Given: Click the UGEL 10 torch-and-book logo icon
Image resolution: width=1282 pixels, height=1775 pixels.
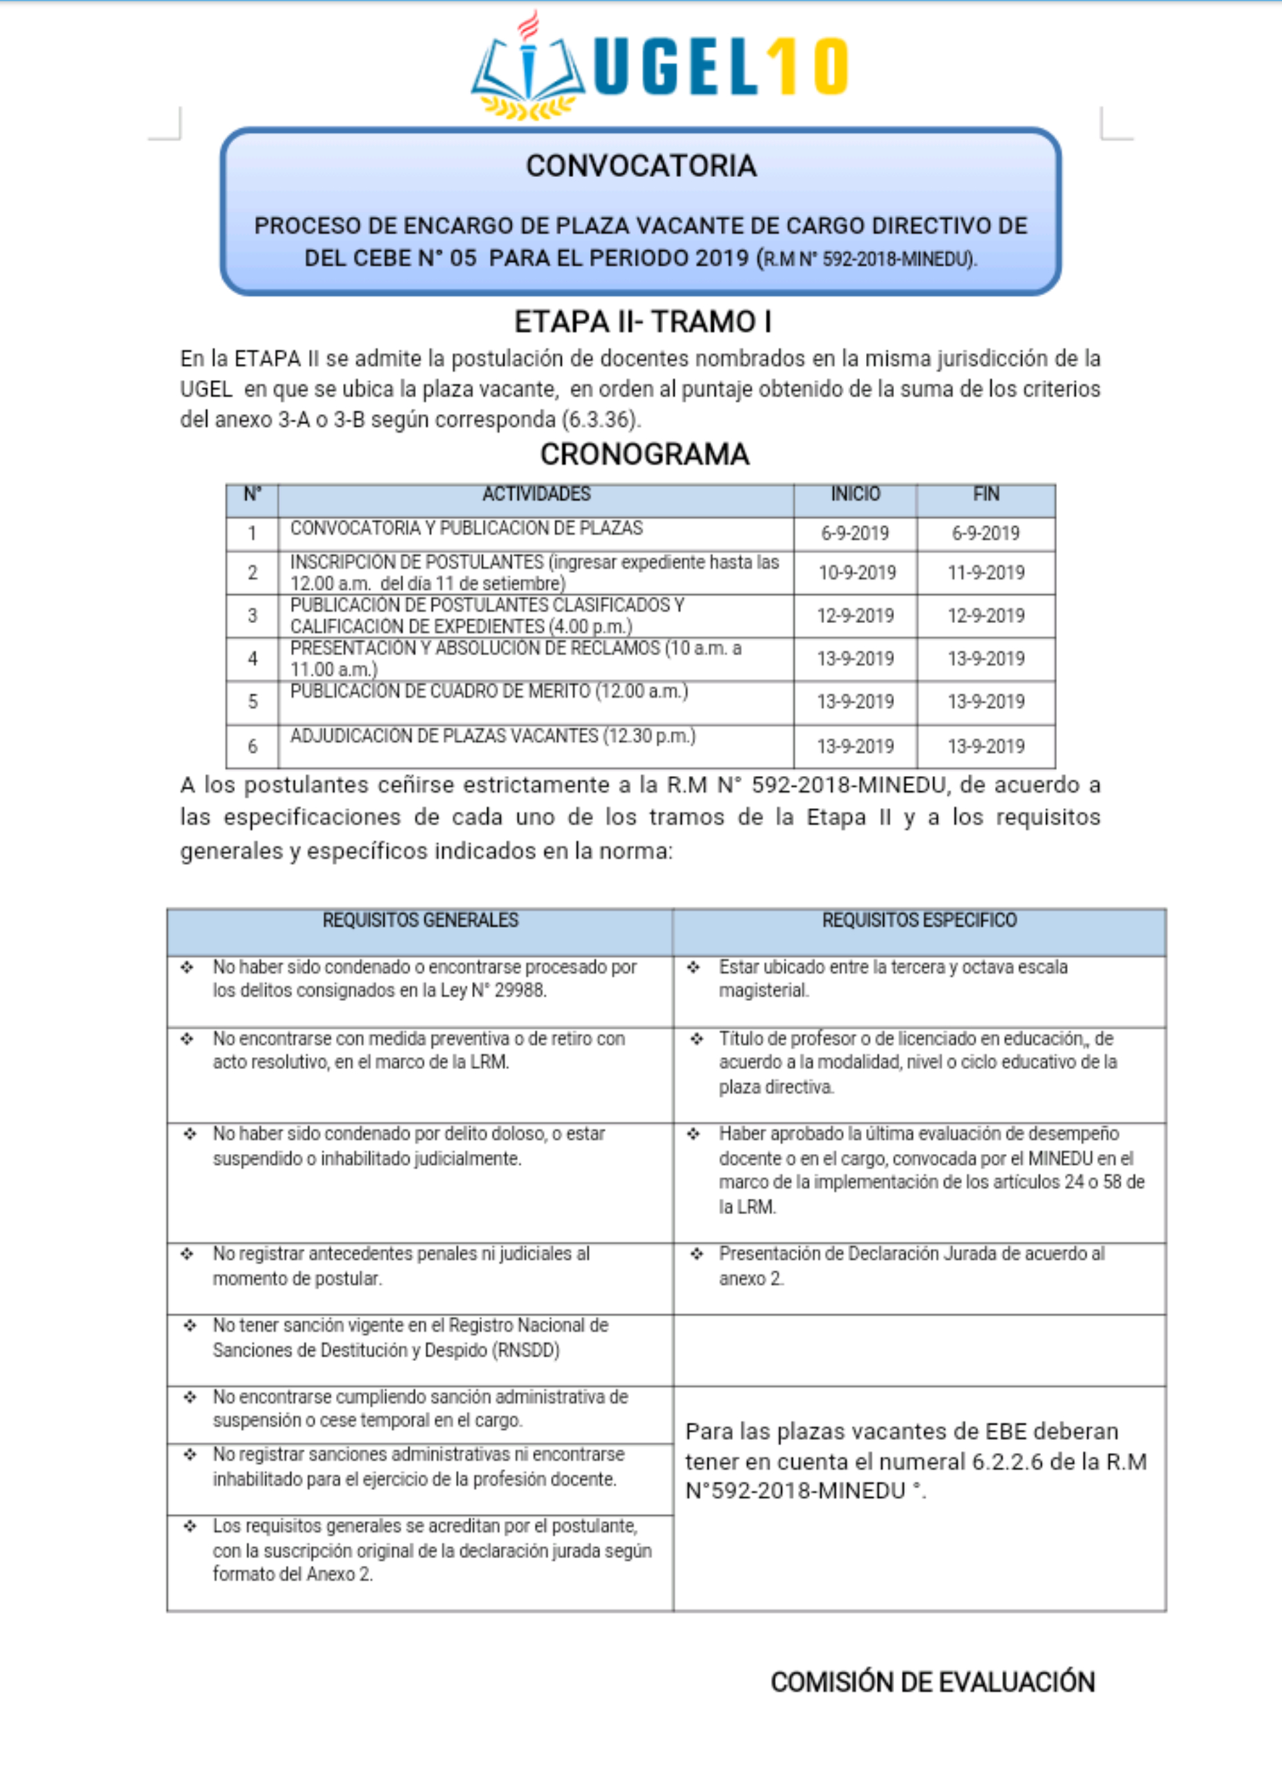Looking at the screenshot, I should coord(528,70).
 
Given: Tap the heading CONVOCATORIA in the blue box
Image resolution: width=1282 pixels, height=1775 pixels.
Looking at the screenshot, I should coord(641,166).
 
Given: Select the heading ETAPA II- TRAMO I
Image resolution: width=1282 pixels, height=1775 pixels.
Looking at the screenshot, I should coord(642,322).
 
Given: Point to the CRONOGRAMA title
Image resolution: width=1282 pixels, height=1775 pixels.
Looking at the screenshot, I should coord(644,455).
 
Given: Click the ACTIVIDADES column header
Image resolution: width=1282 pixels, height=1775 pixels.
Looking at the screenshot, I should coord(536,495).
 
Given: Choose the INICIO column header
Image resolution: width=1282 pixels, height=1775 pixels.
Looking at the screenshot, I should coord(855,495).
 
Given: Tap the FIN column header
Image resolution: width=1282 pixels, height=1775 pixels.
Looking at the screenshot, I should coord(986,495).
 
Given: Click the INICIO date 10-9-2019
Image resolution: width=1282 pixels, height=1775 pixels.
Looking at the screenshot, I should coord(856,573).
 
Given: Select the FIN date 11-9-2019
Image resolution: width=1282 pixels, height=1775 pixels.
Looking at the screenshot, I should coord(986,573).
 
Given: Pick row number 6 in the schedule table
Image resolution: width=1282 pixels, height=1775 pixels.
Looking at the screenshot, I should coord(252,747).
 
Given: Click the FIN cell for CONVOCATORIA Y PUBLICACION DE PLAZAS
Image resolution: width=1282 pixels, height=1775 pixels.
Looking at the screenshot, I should coord(986,534).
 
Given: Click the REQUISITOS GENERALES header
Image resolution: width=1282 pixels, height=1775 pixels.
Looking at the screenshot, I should coord(420,920).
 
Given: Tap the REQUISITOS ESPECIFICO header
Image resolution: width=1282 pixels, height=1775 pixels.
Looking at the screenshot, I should coord(919,920).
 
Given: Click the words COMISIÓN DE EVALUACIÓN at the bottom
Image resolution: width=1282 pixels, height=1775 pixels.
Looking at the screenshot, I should coord(932,1682).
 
